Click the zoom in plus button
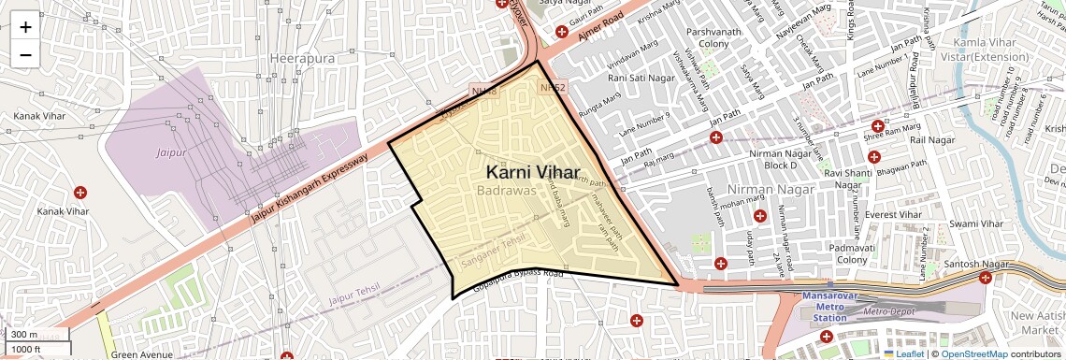click(x=25, y=27)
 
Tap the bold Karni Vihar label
click(x=533, y=172)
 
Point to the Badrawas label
click(x=506, y=191)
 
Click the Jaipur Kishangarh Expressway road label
click(x=310, y=187)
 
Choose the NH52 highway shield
click(x=553, y=87)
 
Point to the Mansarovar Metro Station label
click(x=824, y=307)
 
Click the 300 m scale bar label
click(x=25, y=335)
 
